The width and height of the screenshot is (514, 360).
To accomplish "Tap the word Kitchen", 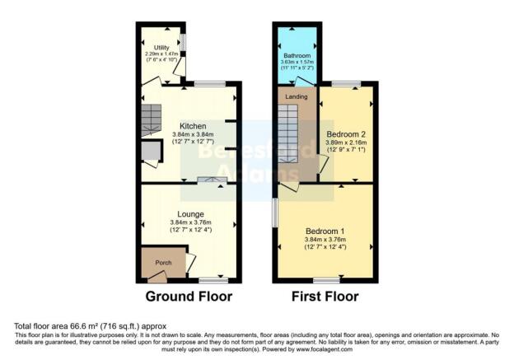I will click(x=193, y=126).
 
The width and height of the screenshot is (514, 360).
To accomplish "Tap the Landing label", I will click(x=297, y=97).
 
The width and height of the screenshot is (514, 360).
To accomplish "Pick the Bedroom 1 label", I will click(x=326, y=231).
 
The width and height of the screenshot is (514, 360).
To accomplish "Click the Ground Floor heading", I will click(x=189, y=297).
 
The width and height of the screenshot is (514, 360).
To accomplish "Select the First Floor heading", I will click(x=325, y=297).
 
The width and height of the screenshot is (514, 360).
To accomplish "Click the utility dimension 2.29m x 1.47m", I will click(x=161, y=55).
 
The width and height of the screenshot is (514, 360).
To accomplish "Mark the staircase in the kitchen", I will click(x=151, y=121).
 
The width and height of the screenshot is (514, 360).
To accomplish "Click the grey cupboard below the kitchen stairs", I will click(x=151, y=151).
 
